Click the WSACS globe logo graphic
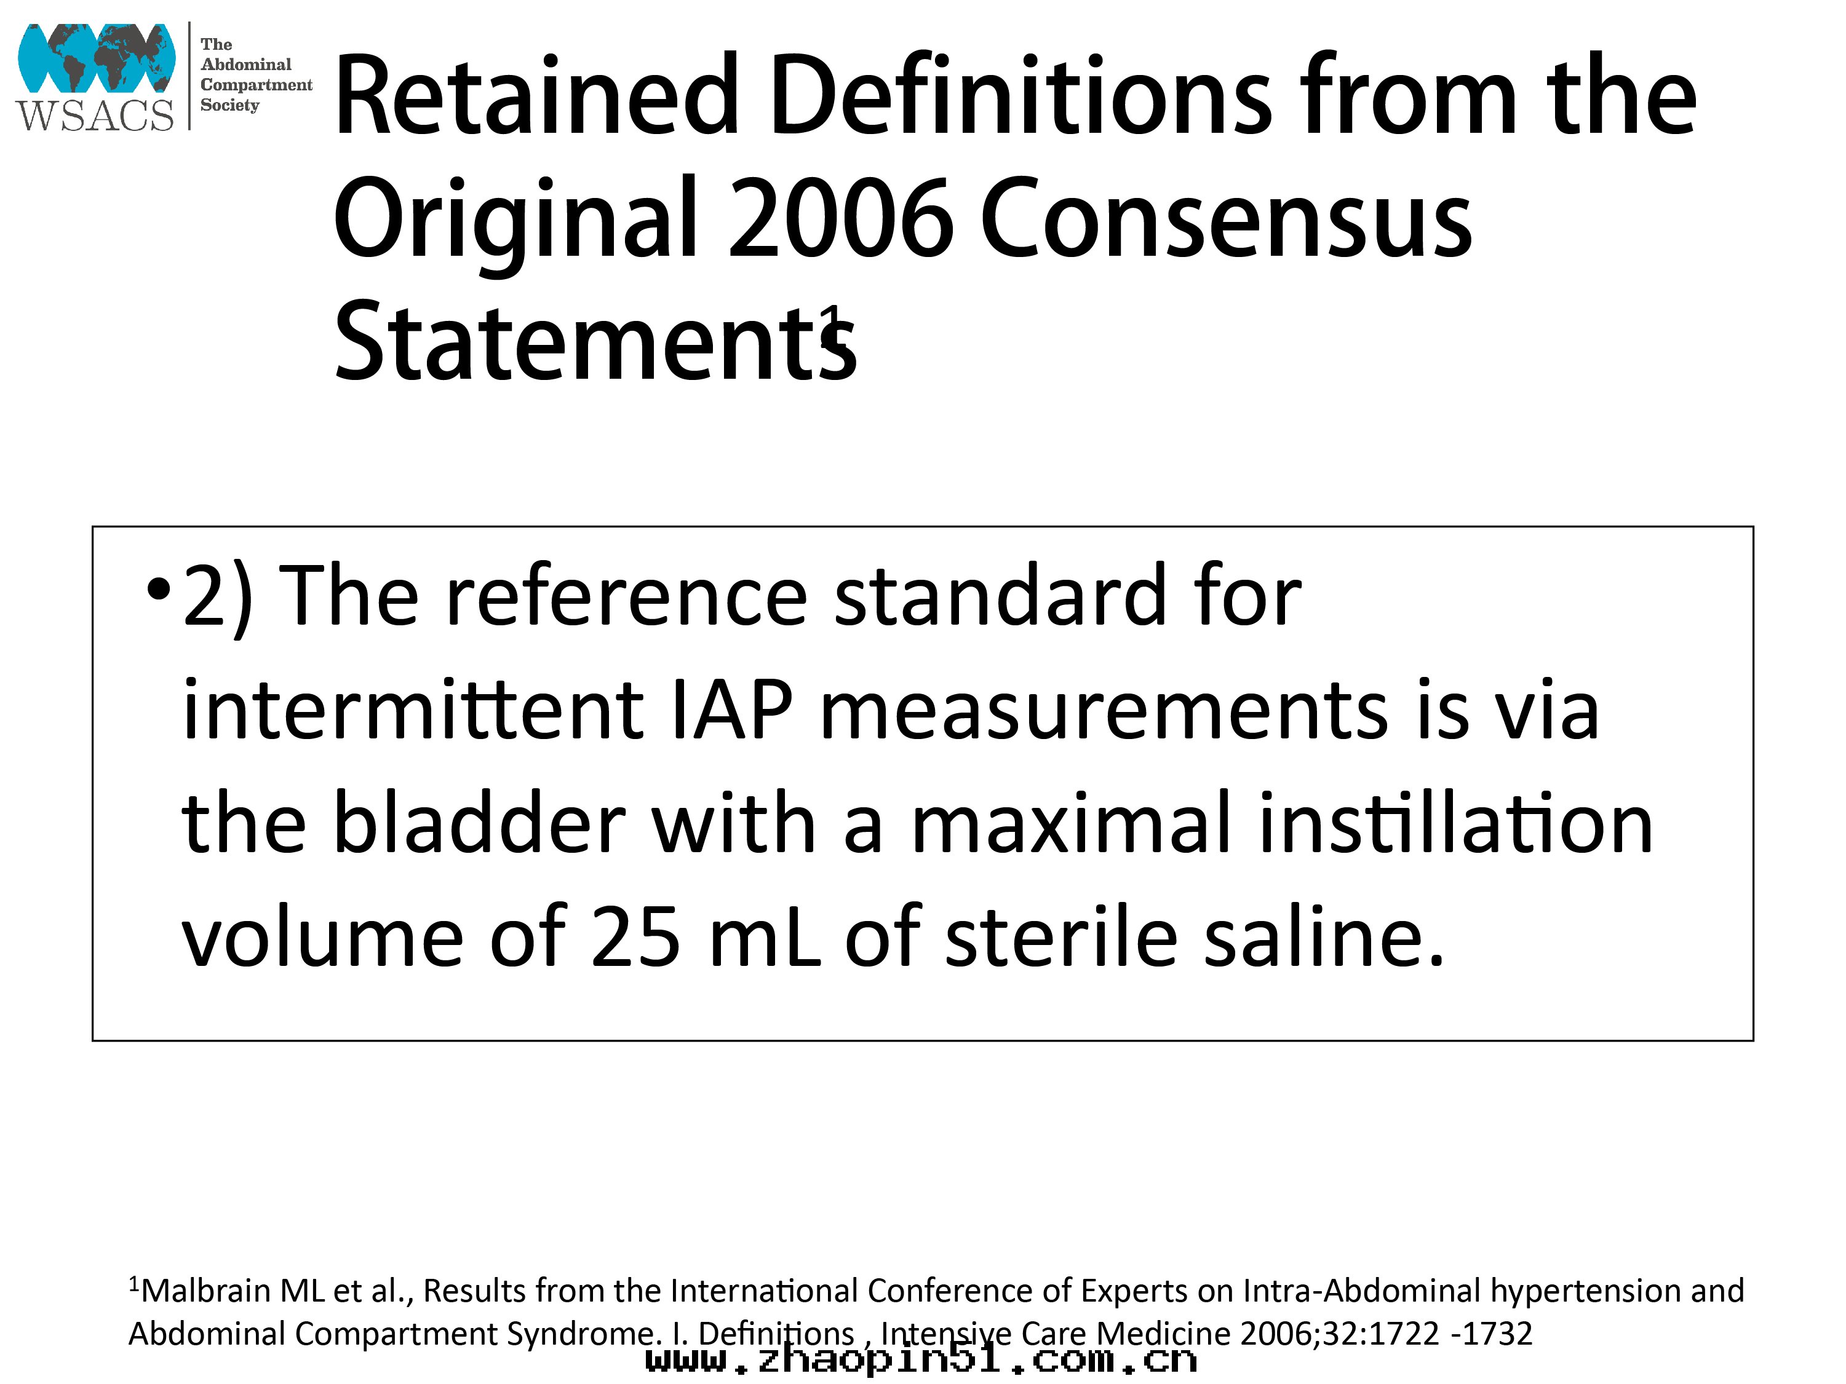pyautogui.click(x=97, y=58)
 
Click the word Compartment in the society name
pyautogui.click(x=257, y=85)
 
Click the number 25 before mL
pyautogui.click(x=636, y=937)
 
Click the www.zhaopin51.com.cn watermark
pyautogui.click(x=921, y=1361)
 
